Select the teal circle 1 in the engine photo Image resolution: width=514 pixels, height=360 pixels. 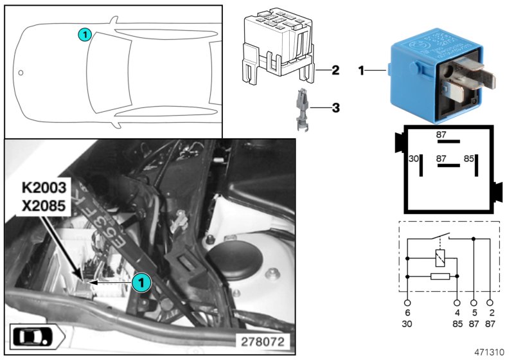pyautogui.click(x=141, y=282)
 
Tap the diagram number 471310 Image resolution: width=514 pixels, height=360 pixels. pyautogui.click(x=490, y=353)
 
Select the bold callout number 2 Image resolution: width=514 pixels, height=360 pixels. pyautogui.click(x=335, y=69)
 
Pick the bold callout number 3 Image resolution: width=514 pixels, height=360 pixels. pyautogui.click(x=335, y=108)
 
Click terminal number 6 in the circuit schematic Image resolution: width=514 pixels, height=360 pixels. pyautogui.click(x=407, y=312)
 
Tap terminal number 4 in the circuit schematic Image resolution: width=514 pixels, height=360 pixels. pyautogui.click(x=457, y=312)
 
